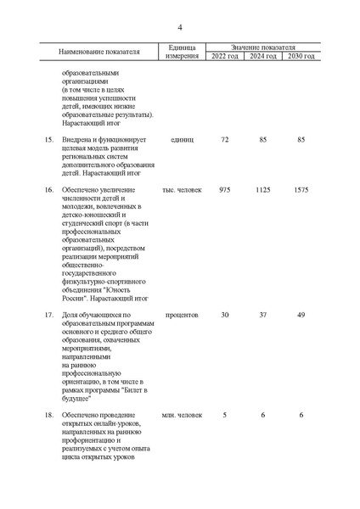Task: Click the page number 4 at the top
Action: click(x=180, y=26)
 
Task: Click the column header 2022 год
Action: click(x=224, y=56)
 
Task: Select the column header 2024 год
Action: click(x=262, y=56)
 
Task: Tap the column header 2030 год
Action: click(x=301, y=56)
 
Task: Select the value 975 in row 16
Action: click(x=224, y=190)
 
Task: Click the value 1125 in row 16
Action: click(x=262, y=190)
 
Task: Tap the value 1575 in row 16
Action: click(x=301, y=190)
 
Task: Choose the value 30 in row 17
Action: click(x=224, y=316)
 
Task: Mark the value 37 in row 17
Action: click(x=262, y=316)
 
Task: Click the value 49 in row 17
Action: click(x=301, y=316)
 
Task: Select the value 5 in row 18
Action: click(x=224, y=415)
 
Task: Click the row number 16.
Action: click(x=48, y=190)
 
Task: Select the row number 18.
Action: click(x=48, y=415)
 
